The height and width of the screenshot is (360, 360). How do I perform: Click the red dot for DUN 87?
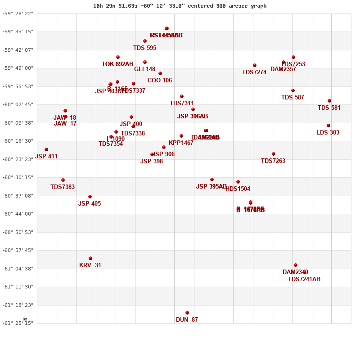tap(187, 313)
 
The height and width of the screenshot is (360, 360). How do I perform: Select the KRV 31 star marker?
tap(90, 258)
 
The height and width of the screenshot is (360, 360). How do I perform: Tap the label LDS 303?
tap(328, 133)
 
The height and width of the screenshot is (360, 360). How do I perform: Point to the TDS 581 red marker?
tap(329, 101)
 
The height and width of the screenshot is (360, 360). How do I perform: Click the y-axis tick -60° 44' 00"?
tap(18, 214)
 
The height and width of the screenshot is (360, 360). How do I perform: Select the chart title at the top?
tap(180, 6)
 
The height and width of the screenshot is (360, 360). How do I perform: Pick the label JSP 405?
tap(90, 204)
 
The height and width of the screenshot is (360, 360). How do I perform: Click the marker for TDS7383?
tap(63, 180)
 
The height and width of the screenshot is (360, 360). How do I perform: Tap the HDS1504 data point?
tap(238, 182)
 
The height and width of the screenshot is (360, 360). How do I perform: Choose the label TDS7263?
tap(273, 161)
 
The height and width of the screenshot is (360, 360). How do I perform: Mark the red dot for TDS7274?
tap(255, 65)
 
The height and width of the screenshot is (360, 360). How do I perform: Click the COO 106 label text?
tap(160, 81)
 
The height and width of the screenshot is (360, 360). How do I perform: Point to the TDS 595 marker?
tap(145, 41)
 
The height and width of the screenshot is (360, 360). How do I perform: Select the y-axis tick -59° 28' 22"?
tap(18, 13)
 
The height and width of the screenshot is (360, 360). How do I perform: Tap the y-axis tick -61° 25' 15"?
tap(18, 323)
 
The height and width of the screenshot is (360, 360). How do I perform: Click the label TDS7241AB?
tap(304, 279)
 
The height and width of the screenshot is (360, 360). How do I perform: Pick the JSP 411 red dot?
tap(46, 149)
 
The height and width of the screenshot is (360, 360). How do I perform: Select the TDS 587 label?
tap(292, 98)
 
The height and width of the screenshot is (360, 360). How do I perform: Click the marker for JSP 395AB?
tap(212, 180)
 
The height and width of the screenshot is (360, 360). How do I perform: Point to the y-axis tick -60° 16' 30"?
tap(18, 141)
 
